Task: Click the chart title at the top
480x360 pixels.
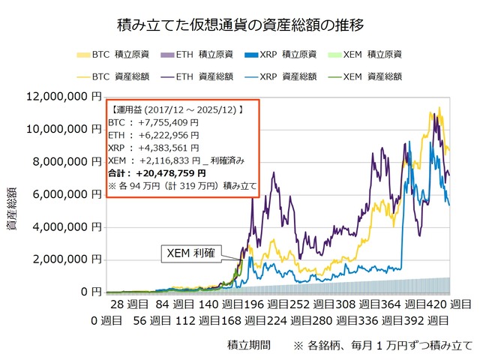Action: coord(241,25)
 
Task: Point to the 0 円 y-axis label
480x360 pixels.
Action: coord(91,290)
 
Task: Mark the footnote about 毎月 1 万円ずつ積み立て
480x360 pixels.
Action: coord(384,345)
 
